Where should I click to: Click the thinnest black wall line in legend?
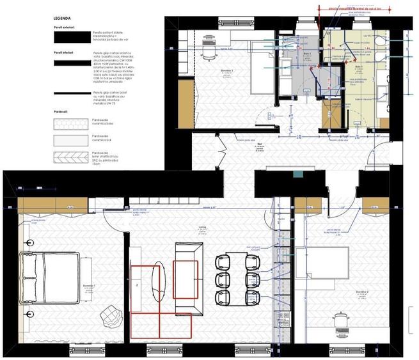click(71, 93)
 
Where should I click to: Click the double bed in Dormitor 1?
click(51, 277)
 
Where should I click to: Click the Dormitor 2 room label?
click(363, 295)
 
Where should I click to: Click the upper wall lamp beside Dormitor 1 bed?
click(29, 243)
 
